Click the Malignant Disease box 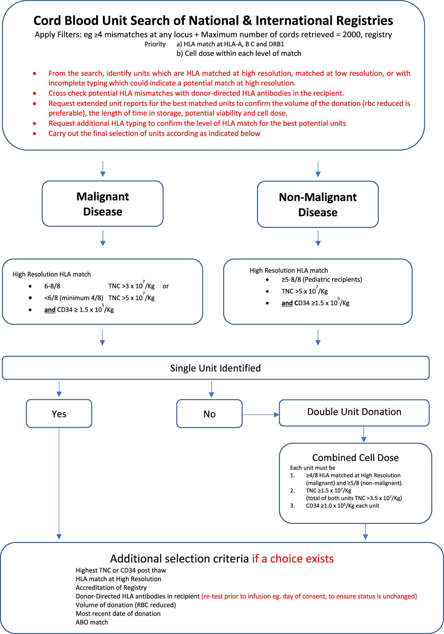click(x=103, y=204)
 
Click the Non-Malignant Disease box click(x=318, y=205)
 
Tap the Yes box click(x=59, y=414)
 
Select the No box click(x=209, y=414)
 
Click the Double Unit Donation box click(x=354, y=412)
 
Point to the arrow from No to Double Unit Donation click(x=260, y=415)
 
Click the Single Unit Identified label click(x=215, y=368)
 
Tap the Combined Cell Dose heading click(x=355, y=458)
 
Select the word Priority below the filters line click(x=155, y=44)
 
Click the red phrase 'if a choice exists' click(x=293, y=559)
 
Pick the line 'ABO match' click(x=92, y=622)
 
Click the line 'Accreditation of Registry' click(x=111, y=588)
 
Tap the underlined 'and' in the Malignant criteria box click(x=50, y=310)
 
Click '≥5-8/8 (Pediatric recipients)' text click(x=321, y=279)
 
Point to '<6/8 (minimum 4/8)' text click(x=74, y=298)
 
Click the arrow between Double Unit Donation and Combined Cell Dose click(x=364, y=434)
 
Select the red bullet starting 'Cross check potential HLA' click(x=196, y=93)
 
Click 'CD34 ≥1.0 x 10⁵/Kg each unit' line click(x=342, y=506)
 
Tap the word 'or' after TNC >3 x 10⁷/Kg click(x=165, y=286)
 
